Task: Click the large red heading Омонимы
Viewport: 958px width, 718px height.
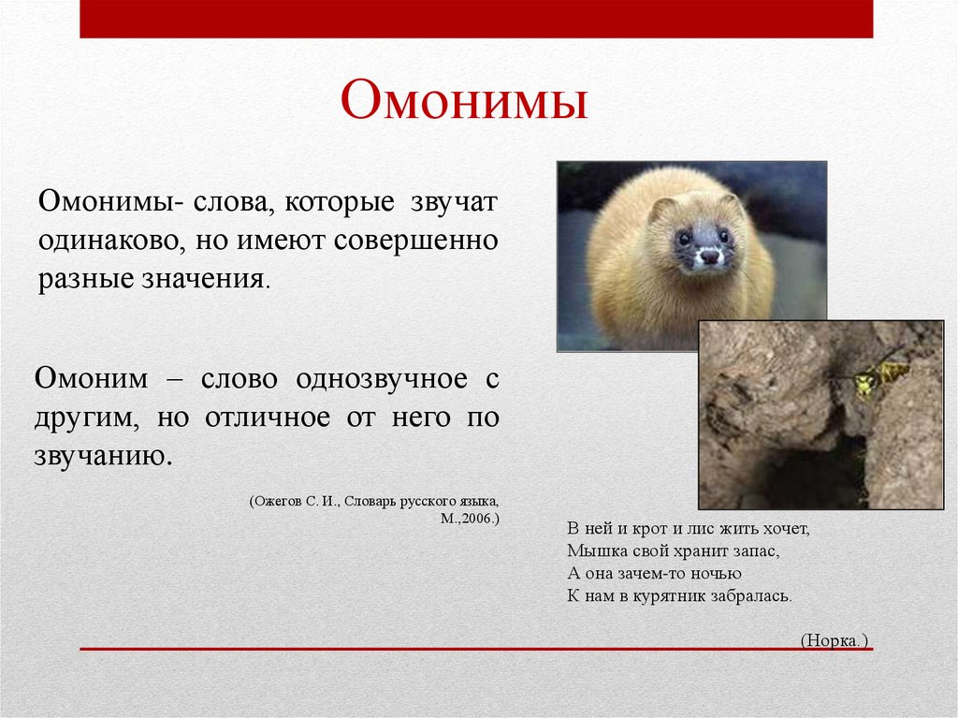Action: [464, 101]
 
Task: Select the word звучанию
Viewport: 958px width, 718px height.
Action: [103, 456]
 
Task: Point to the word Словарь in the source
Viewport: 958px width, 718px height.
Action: [370, 501]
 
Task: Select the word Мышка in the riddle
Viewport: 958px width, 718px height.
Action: [591, 550]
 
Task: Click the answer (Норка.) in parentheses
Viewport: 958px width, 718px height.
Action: [835, 640]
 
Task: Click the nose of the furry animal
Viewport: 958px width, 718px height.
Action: [710, 256]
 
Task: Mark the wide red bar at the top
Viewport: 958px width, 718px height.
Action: [476, 19]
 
